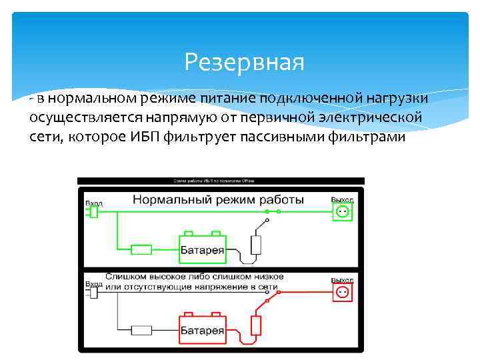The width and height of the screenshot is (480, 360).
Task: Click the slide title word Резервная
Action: click(244, 63)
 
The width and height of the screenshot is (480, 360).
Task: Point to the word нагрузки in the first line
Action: click(395, 98)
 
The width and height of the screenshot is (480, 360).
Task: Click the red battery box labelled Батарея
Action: click(203, 330)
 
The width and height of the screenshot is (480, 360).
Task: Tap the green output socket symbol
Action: click(342, 212)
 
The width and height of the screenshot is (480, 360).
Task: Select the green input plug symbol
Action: click(92, 212)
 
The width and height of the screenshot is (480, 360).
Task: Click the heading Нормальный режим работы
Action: click(218, 199)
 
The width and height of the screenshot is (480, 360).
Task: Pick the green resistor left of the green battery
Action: click(141, 249)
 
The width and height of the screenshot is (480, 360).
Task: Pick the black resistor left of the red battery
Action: click(141, 329)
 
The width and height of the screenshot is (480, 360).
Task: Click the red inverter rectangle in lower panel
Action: click(255, 325)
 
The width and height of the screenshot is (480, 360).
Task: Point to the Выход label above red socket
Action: click(342, 281)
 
